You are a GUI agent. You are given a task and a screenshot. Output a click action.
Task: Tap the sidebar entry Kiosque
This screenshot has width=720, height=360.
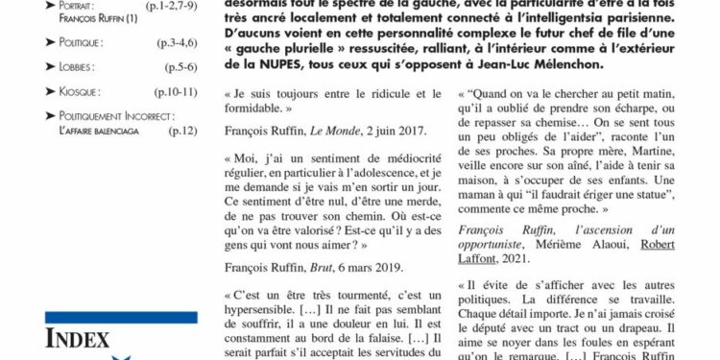point(80,91)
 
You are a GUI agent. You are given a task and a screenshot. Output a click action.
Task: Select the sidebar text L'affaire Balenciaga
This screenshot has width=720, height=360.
point(98,130)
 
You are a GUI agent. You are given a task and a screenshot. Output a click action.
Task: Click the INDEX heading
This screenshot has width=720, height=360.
point(78,340)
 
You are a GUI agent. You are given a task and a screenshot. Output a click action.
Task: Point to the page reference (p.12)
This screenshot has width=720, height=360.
point(181,130)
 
